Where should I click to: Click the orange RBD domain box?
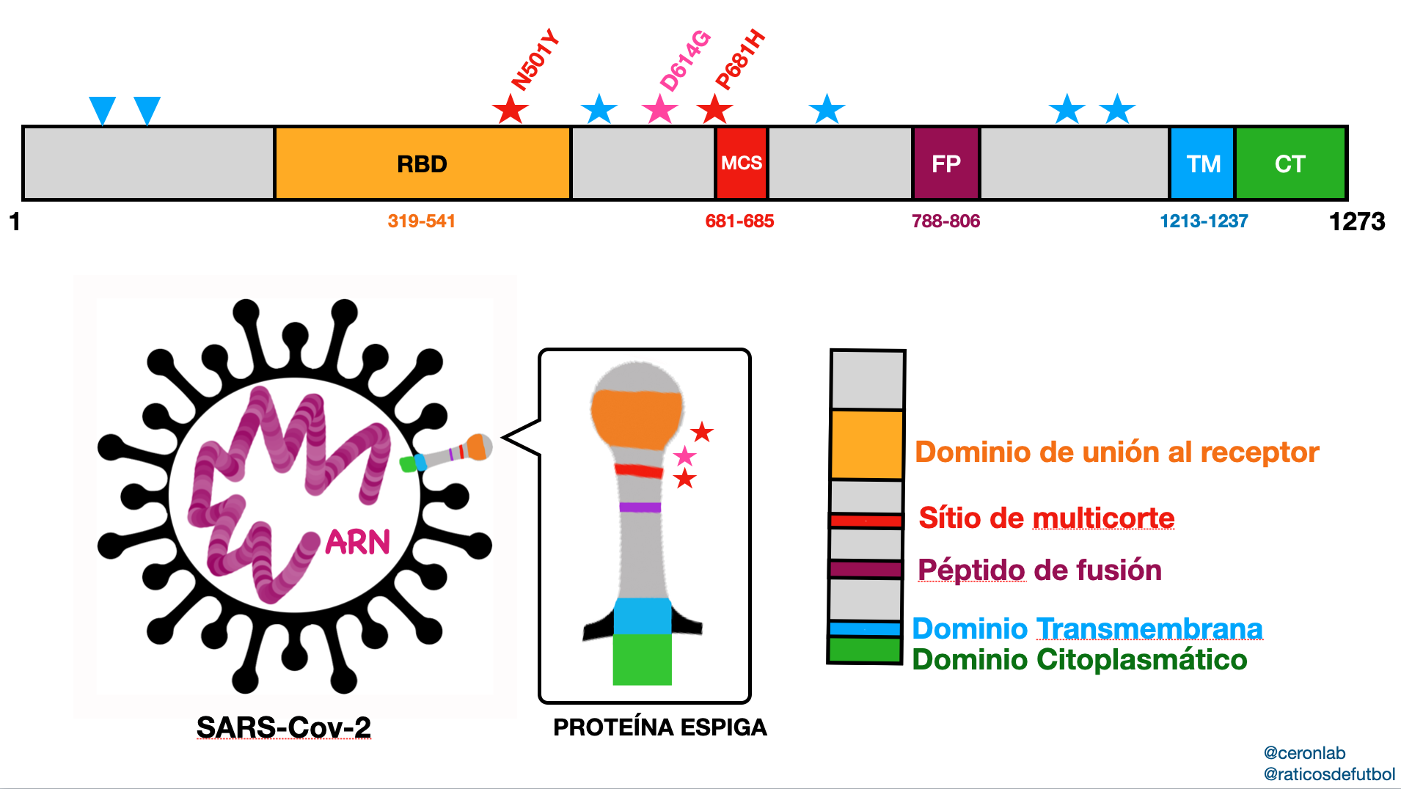click(423, 164)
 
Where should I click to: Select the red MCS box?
click(741, 164)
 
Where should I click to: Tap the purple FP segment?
click(945, 164)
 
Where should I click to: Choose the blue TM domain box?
click(1203, 164)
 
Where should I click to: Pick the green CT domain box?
click(1290, 164)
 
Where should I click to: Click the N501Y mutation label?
click(535, 61)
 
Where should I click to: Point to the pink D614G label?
click(685, 61)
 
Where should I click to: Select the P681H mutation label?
click(740, 61)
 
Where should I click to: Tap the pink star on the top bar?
click(659, 111)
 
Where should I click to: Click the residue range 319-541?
click(422, 221)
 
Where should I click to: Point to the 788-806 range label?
click(945, 221)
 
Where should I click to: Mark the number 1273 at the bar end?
click(1357, 221)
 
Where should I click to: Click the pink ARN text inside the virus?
click(358, 543)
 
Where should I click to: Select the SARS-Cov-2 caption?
click(284, 727)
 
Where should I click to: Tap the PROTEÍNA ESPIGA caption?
click(660, 727)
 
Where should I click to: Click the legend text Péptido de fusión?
click(1039, 570)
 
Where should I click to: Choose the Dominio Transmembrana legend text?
click(1087, 628)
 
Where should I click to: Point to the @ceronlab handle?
click(1304, 753)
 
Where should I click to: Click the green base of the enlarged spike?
click(642, 660)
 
